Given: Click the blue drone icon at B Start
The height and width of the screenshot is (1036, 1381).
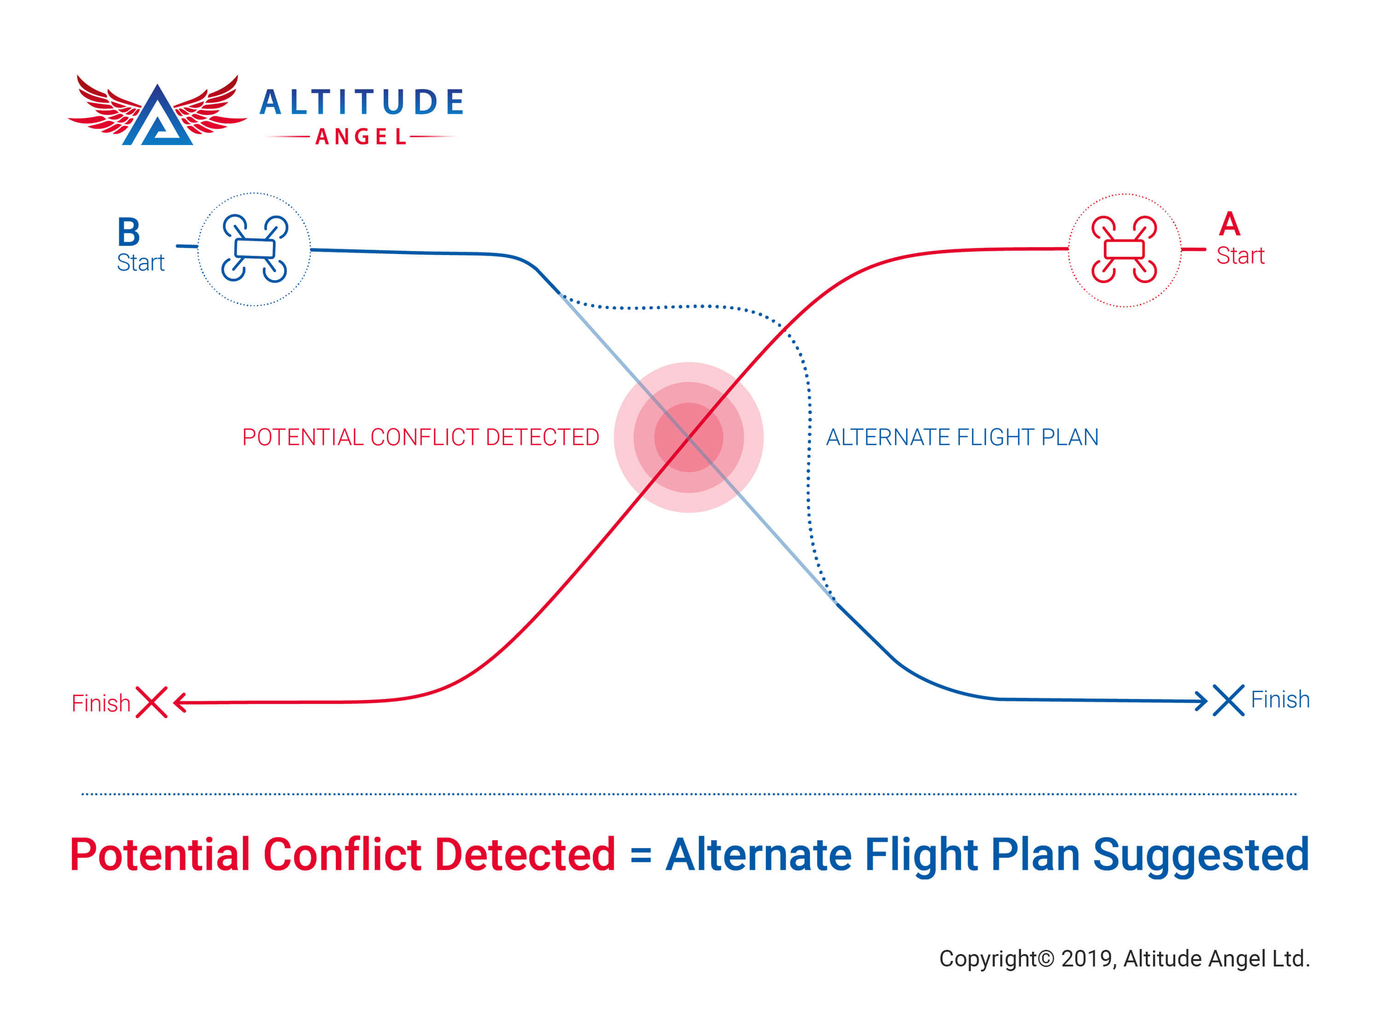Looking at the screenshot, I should [x=254, y=249].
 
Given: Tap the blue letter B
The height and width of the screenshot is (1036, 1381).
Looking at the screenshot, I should [x=128, y=233].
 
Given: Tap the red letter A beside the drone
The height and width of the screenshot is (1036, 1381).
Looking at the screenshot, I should [x=1229, y=224].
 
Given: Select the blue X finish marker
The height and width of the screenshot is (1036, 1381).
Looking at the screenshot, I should [x=1228, y=700].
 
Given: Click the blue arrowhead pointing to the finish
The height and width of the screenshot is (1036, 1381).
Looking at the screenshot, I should [x=1201, y=701].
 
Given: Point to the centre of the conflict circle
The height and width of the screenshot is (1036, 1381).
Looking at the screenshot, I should [x=689, y=437].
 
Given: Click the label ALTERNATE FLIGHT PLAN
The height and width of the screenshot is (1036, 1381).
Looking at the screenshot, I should [x=962, y=437].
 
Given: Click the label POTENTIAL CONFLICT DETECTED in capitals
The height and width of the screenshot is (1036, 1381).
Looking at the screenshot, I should [x=420, y=437].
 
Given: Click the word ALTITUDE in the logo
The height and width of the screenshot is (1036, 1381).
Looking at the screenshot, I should [x=361, y=102].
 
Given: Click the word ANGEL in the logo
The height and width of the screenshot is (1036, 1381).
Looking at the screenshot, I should [x=361, y=137].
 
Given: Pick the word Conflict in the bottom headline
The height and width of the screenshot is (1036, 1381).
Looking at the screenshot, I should [x=342, y=854].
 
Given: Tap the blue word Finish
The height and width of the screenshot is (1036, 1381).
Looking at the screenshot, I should [x=1280, y=699].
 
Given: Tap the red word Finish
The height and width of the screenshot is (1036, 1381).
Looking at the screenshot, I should [x=100, y=703].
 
